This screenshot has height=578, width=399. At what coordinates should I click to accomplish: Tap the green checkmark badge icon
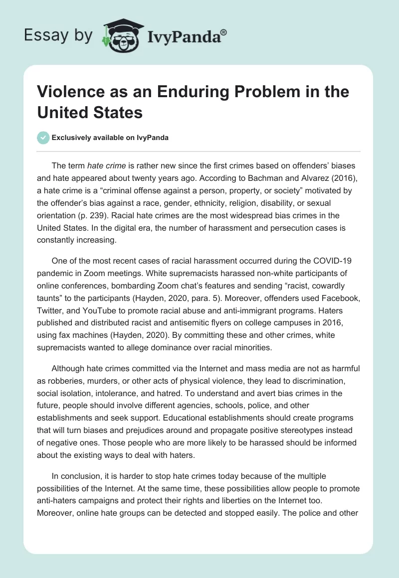pyautogui.click(x=43, y=138)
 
